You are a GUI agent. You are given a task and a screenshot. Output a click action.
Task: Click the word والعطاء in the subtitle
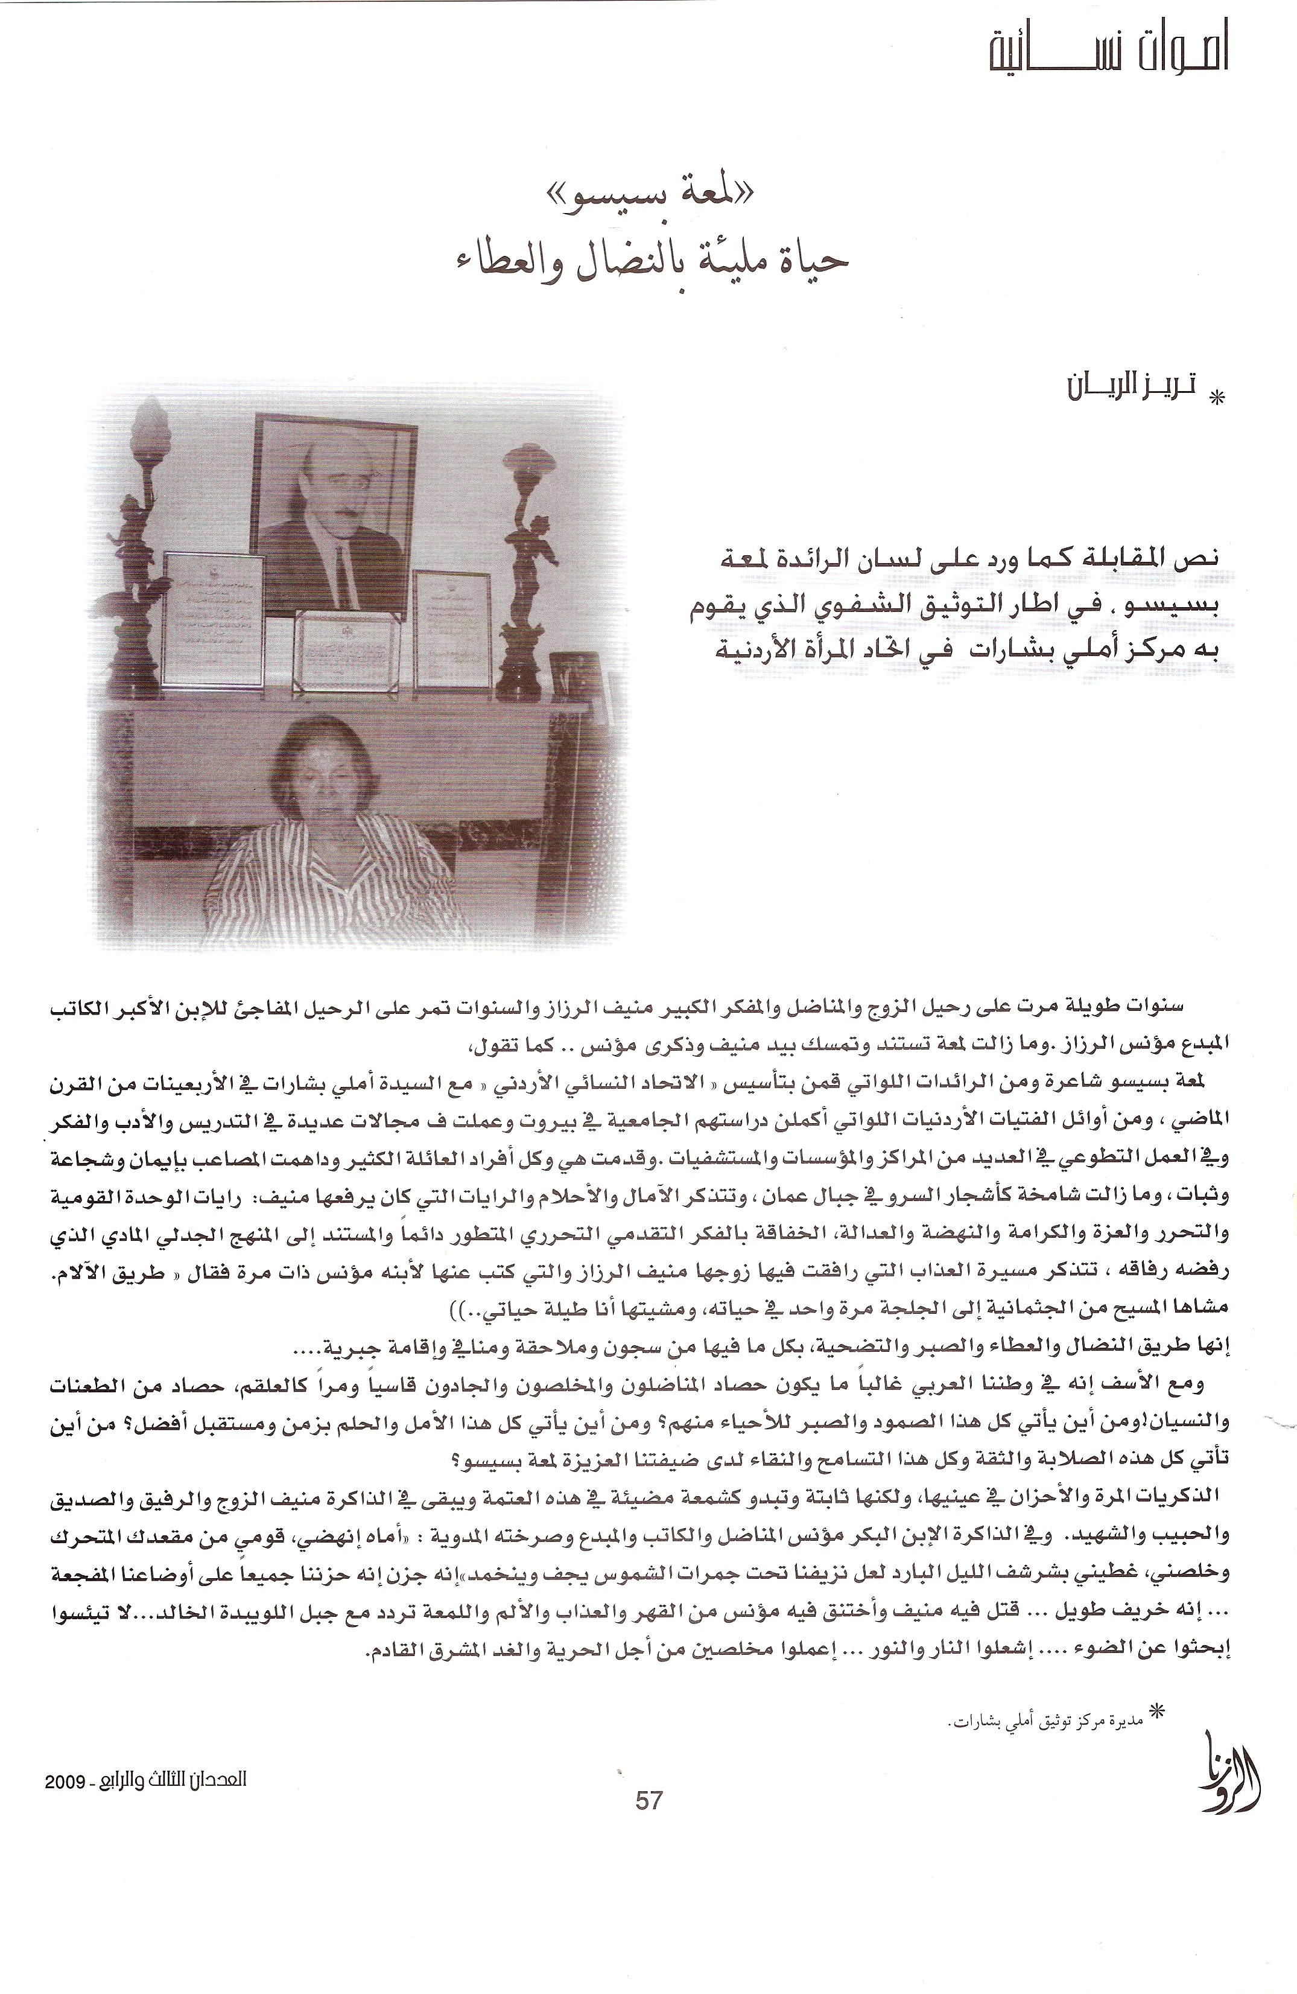[490, 259]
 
